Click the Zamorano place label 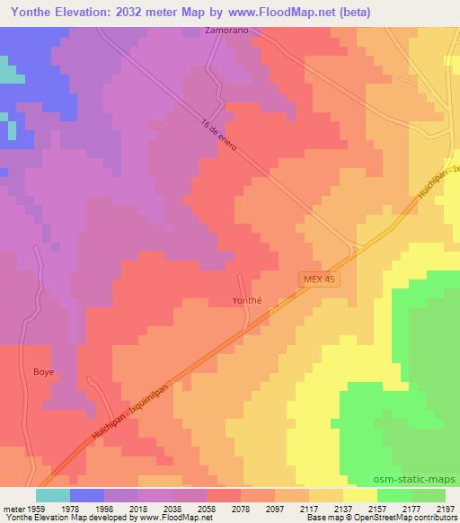(226, 31)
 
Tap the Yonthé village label (246, 301)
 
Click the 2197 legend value (446, 507)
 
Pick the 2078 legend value (241, 507)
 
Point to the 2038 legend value (172, 507)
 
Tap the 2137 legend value (343, 507)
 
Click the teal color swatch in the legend (53, 494)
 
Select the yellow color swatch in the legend (360, 494)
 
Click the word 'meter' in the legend (13, 507)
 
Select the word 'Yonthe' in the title (28, 12)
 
